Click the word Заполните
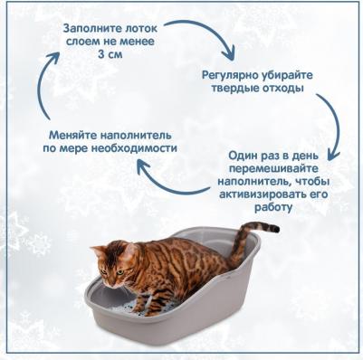click(x=87, y=28)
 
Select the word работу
click(x=276, y=207)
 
